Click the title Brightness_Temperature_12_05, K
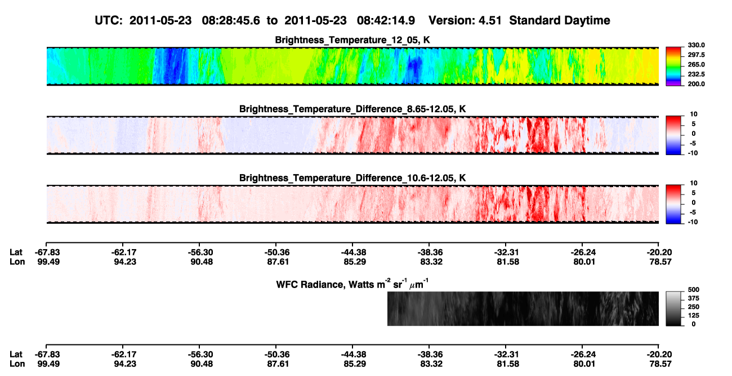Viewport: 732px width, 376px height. click(x=352, y=40)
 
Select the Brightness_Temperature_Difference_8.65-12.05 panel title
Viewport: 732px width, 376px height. click(x=352, y=109)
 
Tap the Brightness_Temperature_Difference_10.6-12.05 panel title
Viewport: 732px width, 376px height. click(x=352, y=178)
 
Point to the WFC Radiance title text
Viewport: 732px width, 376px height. click(x=352, y=284)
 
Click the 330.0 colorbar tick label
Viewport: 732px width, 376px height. click(x=696, y=45)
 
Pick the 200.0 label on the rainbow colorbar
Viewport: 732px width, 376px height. click(x=696, y=84)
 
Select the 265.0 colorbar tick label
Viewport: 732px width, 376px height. click(x=696, y=64)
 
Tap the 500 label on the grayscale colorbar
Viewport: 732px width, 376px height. click(x=694, y=290)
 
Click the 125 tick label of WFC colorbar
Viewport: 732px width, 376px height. click(x=694, y=316)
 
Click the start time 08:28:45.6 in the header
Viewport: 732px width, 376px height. click(x=231, y=21)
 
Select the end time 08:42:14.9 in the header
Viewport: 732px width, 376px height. click(x=386, y=21)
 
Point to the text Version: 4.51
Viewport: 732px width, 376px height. click(x=465, y=21)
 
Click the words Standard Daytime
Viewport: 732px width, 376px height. click(x=560, y=21)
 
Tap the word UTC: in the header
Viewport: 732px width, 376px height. click(x=109, y=21)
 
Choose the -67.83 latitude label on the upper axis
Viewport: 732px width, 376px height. click(x=47, y=253)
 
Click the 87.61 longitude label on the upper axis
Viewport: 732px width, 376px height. click(x=278, y=262)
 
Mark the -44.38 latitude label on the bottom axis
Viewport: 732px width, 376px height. click(x=354, y=355)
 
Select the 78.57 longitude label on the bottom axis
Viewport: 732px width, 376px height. click(x=660, y=364)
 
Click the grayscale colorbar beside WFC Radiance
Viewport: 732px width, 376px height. click(x=673, y=308)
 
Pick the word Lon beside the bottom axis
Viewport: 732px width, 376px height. click(x=17, y=364)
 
